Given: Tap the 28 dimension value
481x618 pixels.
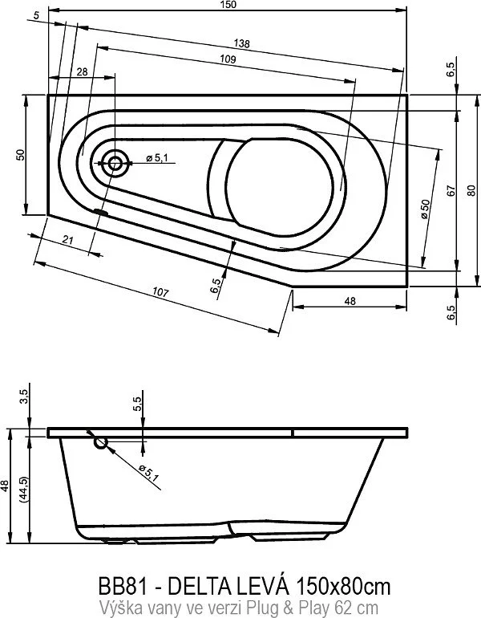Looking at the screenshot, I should click(x=82, y=72).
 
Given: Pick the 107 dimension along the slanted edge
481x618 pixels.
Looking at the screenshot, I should click(x=160, y=294).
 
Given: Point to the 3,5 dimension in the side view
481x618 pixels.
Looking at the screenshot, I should click(x=23, y=396).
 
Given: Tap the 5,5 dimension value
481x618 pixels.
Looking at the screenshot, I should click(x=137, y=404).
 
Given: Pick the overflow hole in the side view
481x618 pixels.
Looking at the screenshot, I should click(x=100, y=442).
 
